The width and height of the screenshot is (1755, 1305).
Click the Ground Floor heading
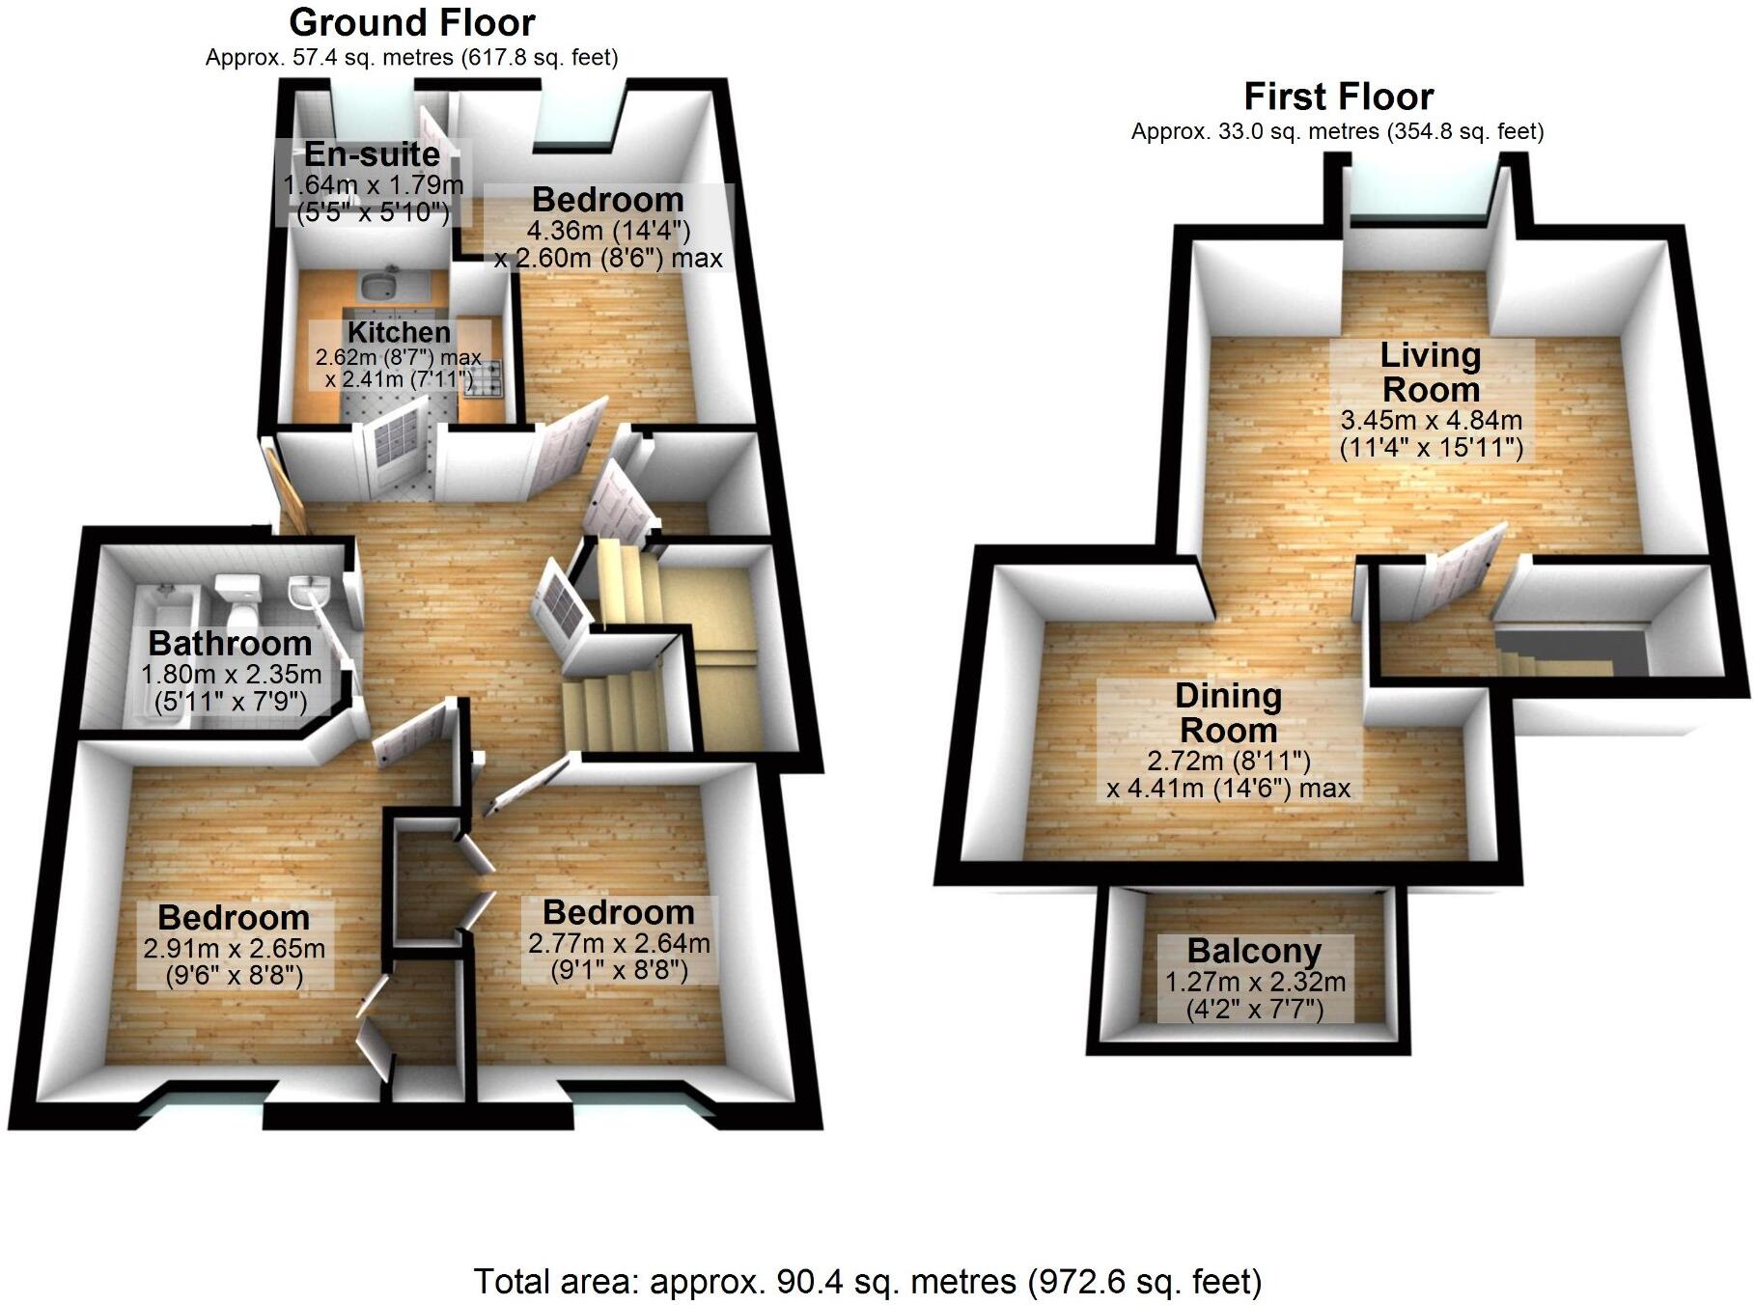pos(411,22)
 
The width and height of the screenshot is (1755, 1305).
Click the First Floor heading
pos(1338,97)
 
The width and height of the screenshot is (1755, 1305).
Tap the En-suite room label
pos(373,154)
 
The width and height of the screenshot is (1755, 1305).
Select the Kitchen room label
pos(399,332)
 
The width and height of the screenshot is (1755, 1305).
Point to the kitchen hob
pos(486,377)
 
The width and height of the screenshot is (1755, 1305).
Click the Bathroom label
pos(230,643)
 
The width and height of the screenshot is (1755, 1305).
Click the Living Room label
pos(1431,373)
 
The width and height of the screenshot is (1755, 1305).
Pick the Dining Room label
pos(1228,713)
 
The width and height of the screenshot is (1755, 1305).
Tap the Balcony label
pos(1254,951)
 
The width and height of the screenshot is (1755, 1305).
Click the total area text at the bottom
pos(867,1282)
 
